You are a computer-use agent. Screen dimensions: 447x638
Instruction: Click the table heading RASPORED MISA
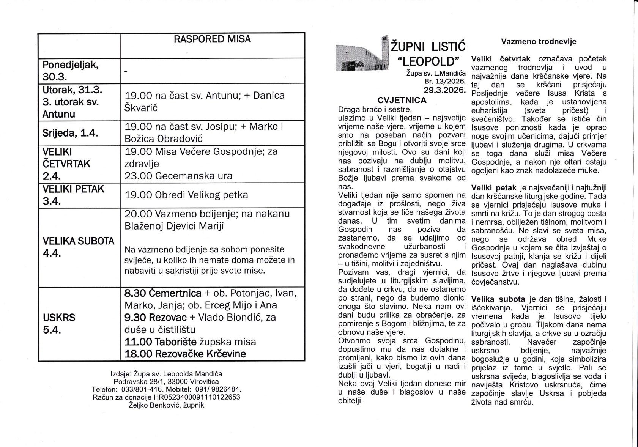pos(212,39)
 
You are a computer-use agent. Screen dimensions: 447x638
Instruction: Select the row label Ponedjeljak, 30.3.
pos(71,71)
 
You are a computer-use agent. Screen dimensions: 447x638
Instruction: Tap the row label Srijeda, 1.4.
pos(70,133)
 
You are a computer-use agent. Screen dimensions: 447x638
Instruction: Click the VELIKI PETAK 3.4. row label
pos(73,195)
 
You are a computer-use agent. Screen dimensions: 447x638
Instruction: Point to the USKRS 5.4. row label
pos(59,323)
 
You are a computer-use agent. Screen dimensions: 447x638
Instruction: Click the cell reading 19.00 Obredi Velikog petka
pos(186,195)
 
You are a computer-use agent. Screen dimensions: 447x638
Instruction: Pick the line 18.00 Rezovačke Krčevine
pos(185,354)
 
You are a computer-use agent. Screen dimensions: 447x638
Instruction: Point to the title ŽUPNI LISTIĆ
pos(428,47)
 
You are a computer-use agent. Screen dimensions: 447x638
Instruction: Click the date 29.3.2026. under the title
pos(444,90)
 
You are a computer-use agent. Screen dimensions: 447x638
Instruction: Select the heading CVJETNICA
pos(402,100)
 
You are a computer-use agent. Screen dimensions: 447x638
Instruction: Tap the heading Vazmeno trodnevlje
pos(539,42)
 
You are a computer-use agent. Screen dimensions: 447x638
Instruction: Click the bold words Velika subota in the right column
pos(498,299)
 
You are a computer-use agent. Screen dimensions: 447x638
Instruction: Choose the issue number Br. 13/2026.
pos(445,81)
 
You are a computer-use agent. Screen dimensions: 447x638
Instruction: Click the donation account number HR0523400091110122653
pos(197,397)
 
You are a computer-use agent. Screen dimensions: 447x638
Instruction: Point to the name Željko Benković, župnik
pos(166,405)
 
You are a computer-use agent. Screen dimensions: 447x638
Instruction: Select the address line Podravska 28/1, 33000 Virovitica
pos(166,381)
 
